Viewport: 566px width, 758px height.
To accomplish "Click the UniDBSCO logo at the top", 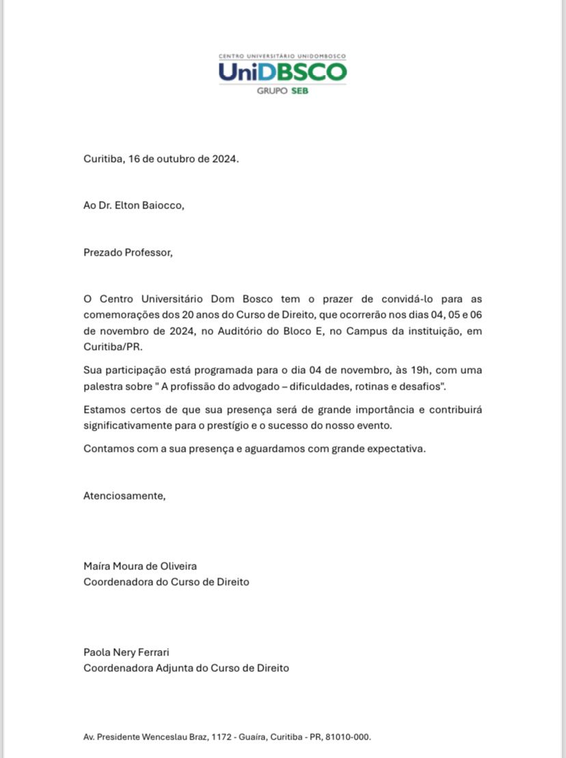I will click(x=282, y=72).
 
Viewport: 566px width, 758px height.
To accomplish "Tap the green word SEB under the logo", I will click(x=299, y=91).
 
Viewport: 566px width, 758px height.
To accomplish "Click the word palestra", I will click(x=103, y=385).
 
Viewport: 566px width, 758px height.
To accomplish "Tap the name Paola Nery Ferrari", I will click(x=126, y=651).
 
